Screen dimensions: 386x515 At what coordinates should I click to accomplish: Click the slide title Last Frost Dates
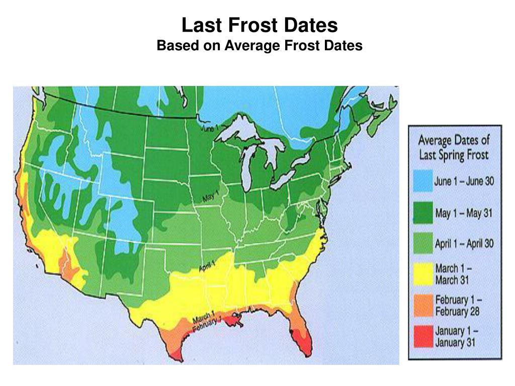click(260, 25)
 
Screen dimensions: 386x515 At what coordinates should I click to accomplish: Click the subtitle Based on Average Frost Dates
click(260, 46)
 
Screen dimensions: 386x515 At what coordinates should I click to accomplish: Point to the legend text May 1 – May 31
click(463, 214)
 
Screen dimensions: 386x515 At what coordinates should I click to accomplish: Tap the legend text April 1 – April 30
click(464, 244)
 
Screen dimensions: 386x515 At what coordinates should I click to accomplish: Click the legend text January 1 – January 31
click(457, 336)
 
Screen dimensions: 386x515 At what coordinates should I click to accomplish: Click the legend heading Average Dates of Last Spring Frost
click(454, 147)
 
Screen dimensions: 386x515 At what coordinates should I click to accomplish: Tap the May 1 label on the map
click(211, 197)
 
